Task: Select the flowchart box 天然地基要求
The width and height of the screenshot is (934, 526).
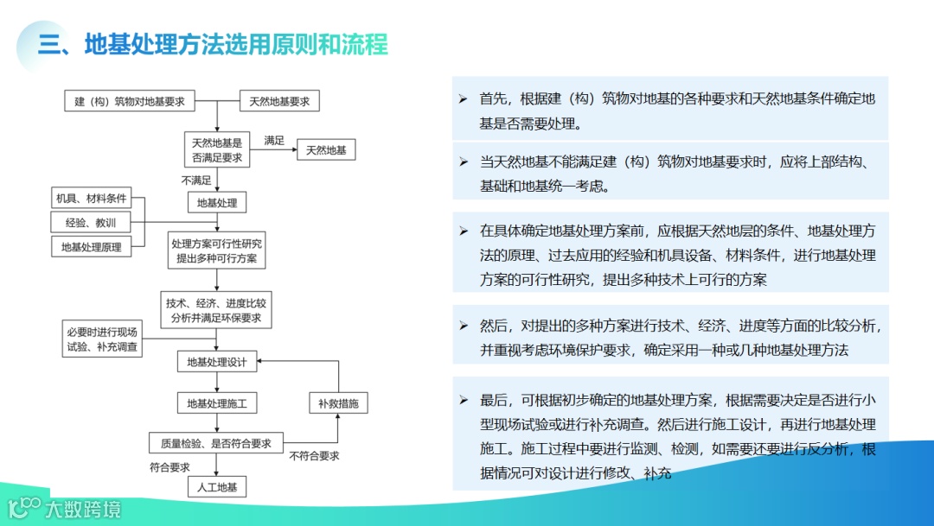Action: click(x=278, y=101)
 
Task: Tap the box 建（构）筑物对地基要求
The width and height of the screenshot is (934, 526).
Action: click(x=130, y=101)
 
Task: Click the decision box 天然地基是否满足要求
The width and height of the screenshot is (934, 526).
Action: click(x=217, y=149)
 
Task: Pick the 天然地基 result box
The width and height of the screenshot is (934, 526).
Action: click(x=326, y=150)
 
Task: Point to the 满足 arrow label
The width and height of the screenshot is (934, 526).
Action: click(x=274, y=140)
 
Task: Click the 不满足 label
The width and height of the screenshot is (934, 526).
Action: click(x=196, y=181)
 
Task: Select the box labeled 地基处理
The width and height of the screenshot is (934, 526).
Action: click(x=217, y=203)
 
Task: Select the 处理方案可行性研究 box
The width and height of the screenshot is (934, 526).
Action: click(x=217, y=251)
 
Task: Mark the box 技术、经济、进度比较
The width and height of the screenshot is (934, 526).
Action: click(x=217, y=311)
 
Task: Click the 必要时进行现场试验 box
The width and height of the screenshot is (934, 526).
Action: click(x=102, y=340)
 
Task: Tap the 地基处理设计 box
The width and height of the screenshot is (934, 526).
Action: click(x=217, y=362)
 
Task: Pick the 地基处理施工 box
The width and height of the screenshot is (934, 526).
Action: click(x=217, y=403)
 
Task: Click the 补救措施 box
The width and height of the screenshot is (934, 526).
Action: click(x=338, y=403)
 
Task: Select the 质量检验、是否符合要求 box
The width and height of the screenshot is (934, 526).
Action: click(x=216, y=443)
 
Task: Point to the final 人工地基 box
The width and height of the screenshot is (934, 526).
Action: click(x=217, y=487)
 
